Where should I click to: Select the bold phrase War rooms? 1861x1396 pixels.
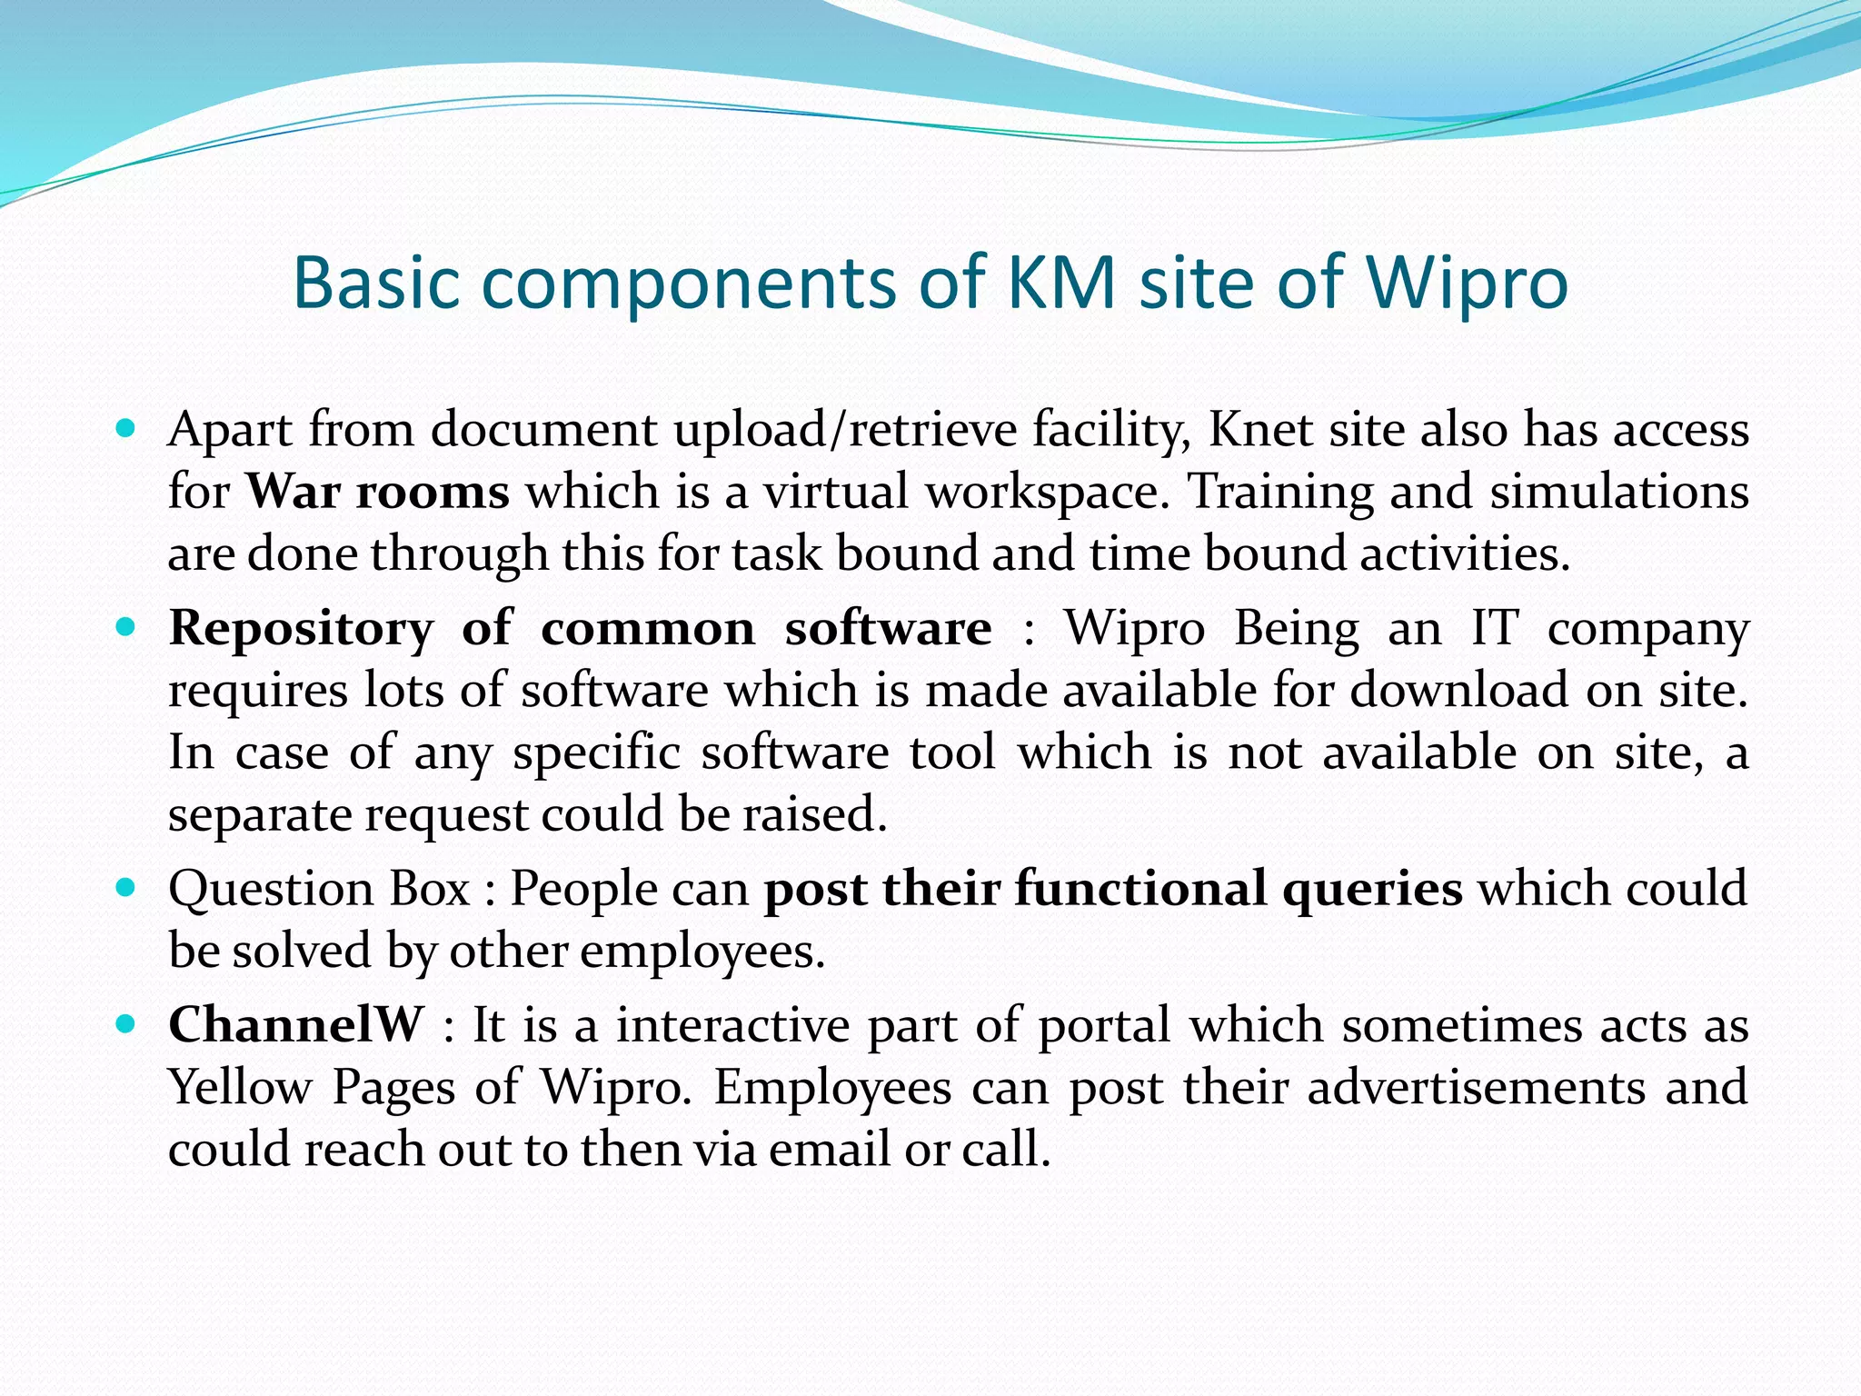pos(377,492)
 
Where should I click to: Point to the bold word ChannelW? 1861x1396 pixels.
pos(295,1025)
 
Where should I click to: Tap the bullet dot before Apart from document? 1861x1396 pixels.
pos(126,426)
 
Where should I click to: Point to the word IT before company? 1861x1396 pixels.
pos(1495,628)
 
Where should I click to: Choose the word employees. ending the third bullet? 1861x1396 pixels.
pos(702,952)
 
